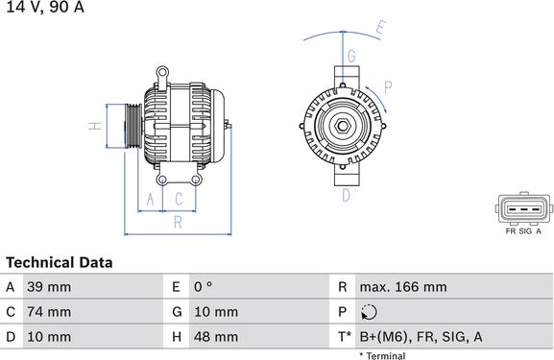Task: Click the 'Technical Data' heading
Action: point(60,262)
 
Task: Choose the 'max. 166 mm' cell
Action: point(402,287)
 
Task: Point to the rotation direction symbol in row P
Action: point(372,312)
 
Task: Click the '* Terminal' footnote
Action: point(382,355)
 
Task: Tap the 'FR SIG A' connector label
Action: point(522,231)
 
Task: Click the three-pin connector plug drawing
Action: point(522,208)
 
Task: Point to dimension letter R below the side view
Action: point(177,222)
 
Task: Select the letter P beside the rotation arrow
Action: point(387,86)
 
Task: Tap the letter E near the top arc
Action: point(380,28)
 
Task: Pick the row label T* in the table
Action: point(344,337)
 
